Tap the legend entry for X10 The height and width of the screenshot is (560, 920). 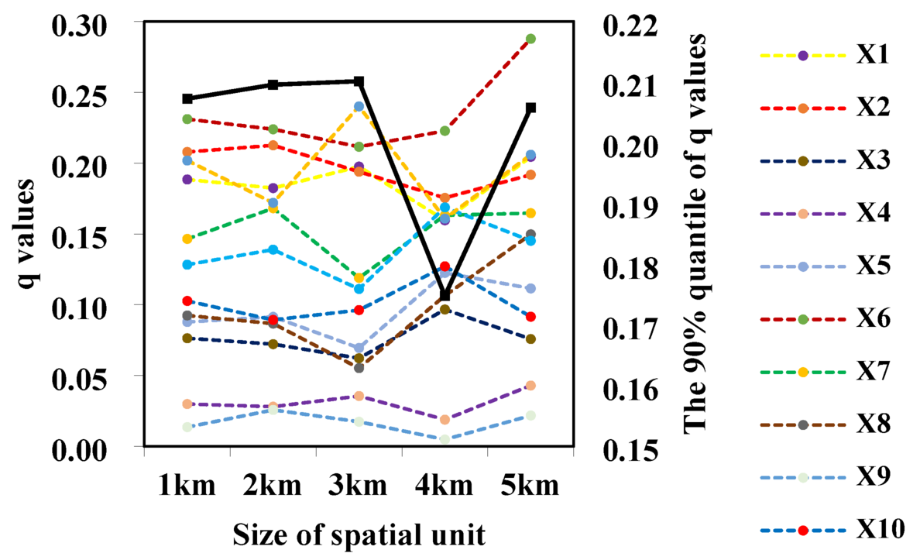point(880,531)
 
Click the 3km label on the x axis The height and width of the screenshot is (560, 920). point(359,486)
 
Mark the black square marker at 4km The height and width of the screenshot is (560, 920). point(445,296)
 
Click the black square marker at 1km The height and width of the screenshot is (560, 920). point(187,98)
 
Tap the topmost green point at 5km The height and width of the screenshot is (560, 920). point(531,39)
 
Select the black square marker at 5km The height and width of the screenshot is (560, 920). point(531,108)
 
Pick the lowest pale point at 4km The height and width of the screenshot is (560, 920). point(445,439)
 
